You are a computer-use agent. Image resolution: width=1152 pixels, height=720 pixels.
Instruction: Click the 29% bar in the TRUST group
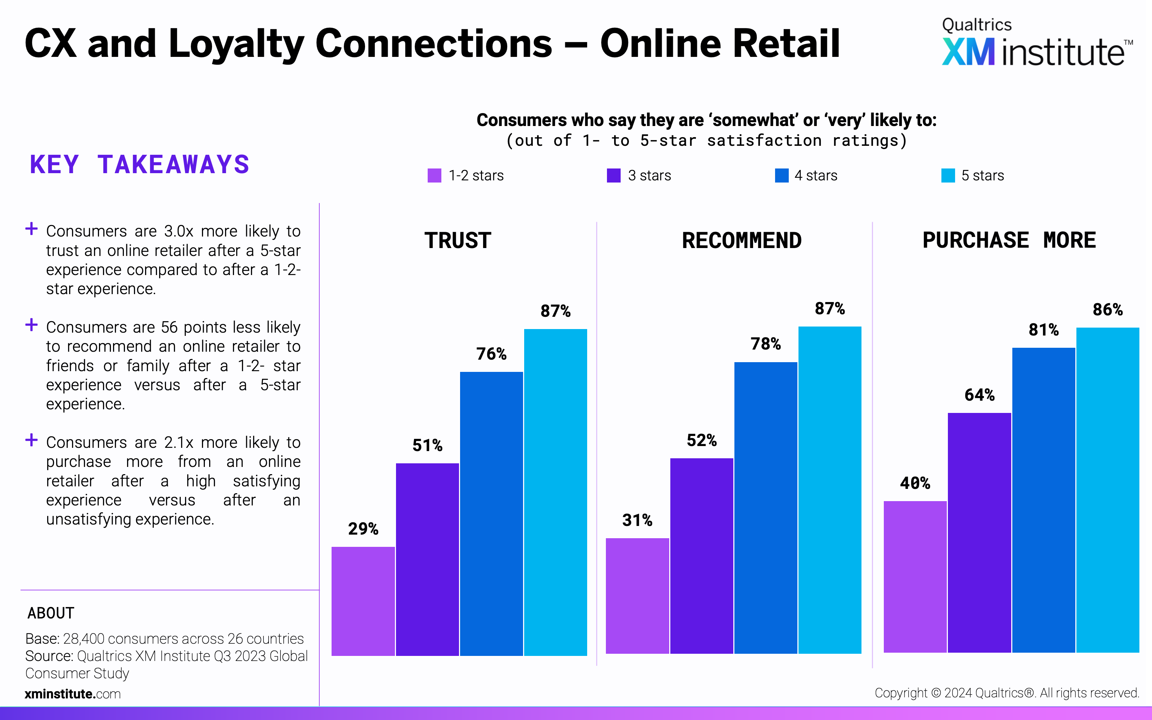click(x=363, y=601)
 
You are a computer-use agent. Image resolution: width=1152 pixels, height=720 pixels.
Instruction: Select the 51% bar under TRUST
click(x=427, y=559)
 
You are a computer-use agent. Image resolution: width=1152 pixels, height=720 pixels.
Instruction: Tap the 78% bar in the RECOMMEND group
click(x=765, y=508)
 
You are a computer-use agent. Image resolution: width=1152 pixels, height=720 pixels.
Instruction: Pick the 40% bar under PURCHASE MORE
click(x=915, y=577)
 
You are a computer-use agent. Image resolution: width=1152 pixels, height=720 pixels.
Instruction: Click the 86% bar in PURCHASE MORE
click(x=1108, y=490)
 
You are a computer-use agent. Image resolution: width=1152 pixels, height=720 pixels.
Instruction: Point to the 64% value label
click(x=980, y=395)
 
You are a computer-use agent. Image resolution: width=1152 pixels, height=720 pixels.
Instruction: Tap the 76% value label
click(x=491, y=354)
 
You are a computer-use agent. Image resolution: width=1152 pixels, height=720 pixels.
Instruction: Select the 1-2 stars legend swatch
click(x=434, y=175)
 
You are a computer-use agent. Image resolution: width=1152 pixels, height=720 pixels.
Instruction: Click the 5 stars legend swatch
click(x=948, y=175)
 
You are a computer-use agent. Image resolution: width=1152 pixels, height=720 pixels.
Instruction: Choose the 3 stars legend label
click(x=649, y=176)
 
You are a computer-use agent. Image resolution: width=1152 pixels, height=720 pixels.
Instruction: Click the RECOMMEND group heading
click(x=742, y=240)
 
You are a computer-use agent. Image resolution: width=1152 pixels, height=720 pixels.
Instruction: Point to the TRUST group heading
click(x=458, y=240)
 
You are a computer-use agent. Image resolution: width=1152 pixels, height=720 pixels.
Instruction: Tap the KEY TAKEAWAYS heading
click(x=139, y=165)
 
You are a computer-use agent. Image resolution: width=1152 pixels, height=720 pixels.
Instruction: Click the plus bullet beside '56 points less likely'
click(x=31, y=325)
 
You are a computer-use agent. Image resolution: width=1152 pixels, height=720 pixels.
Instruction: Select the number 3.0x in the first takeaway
click(x=179, y=231)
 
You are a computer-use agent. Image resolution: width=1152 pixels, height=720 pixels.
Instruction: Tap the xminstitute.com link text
click(x=73, y=694)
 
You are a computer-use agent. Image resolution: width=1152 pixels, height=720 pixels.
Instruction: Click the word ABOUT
click(x=51, y=613)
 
